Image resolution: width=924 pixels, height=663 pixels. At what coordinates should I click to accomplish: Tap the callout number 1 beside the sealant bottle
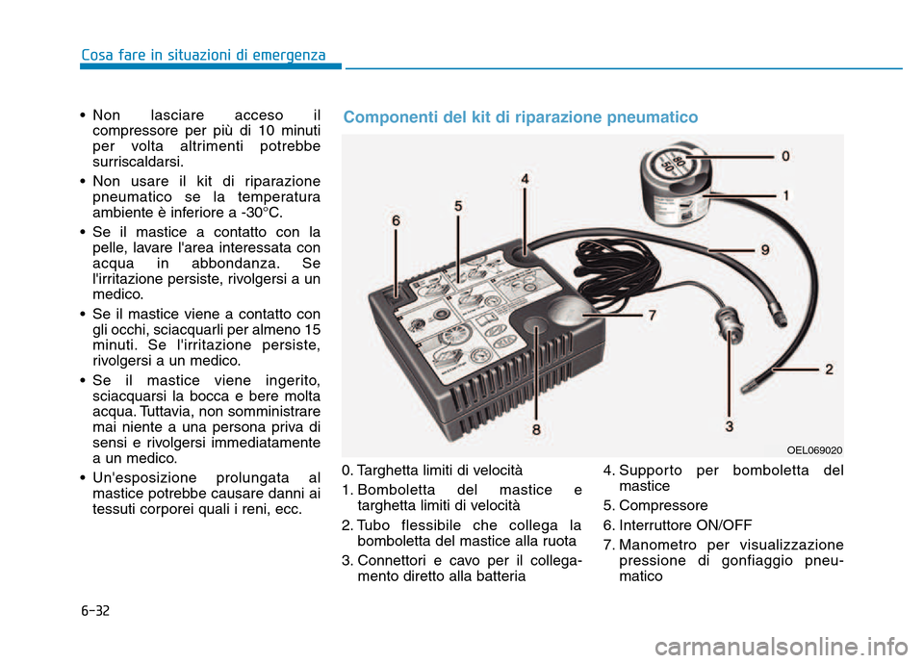[x=785, y=195]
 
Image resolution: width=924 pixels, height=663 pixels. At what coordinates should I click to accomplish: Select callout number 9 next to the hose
[x=764, y=250]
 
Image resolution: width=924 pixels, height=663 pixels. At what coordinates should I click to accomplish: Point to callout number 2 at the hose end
[x=829, y=369]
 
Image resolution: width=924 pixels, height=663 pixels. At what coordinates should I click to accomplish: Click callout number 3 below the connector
[x=730, y=425]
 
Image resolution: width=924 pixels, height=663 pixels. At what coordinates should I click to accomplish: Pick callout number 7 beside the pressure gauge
[x=652, y=315]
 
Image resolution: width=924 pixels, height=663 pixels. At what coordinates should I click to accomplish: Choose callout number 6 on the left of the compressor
[x=396, y=220]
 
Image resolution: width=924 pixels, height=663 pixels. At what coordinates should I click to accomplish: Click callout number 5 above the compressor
[x=458, y=206]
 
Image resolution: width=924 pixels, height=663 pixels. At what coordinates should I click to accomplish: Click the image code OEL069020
[x=814, y=449]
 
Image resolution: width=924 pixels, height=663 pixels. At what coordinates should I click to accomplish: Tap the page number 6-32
[x=96, y=611]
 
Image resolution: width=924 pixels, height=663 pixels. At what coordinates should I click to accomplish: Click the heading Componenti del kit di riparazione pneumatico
[x=521, y=117]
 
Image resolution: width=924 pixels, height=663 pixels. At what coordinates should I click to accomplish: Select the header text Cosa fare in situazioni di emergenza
[x=203, y=55]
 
